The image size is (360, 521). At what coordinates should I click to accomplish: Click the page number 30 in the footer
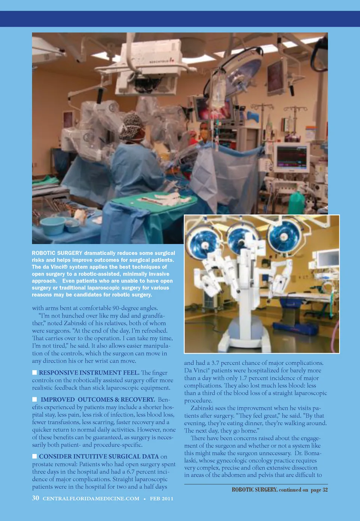coord(36,498)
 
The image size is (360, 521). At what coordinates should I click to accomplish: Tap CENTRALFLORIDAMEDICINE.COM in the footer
coord(91,498)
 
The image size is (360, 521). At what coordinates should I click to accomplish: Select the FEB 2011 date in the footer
coord(162,498)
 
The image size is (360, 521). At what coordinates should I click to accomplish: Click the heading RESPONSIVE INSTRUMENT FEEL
coord(89,372)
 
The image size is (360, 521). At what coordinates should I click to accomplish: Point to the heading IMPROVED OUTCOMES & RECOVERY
coord(97,399)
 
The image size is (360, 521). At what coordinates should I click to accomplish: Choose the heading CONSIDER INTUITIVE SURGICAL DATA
coord(99,456)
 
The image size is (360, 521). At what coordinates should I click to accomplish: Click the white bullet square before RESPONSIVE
coord(34,372)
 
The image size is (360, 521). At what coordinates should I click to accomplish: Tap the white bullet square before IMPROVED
coord(34,399)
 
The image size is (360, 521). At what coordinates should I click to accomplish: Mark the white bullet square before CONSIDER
coord(34,456)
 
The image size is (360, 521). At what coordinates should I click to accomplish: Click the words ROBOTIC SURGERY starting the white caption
coord(57,253)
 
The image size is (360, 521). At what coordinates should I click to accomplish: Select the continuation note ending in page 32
coord(280,489)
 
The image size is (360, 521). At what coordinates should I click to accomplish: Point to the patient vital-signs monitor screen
coord(292,156)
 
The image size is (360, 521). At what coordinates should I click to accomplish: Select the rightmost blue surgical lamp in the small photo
coord(284,237)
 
